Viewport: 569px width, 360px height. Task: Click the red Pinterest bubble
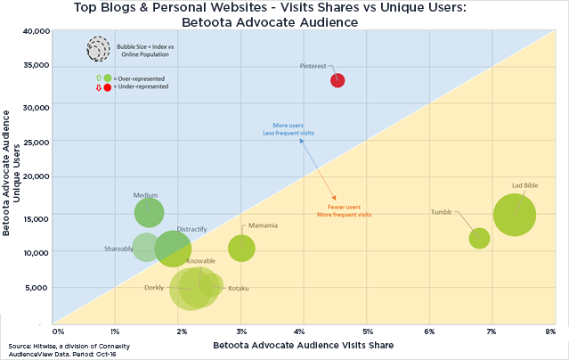[x=337, y=80]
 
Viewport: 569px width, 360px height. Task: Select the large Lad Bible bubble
[x=514, y=215]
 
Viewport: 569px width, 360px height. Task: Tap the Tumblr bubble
[x=479, y=238]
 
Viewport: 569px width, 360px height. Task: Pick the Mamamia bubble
[x=241, y=248]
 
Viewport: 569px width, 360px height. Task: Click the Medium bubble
[x=149, y=213]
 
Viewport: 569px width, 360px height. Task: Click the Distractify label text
[x=191, y=229]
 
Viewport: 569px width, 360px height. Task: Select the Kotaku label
[x=239, y=289]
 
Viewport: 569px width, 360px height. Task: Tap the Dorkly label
[x=154, y=288]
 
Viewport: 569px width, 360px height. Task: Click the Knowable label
[x=200, y=261]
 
